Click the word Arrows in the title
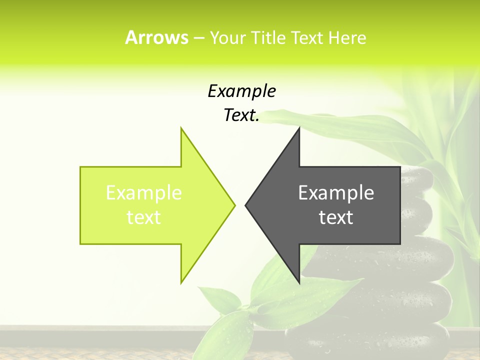[156, 37]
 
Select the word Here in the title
[347, 37]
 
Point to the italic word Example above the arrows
[241, 91]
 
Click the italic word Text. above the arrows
[241, 115]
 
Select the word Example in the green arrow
[144, 192]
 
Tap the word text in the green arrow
[144, 217]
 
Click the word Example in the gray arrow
[336, 192]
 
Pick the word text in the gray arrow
[336, 217]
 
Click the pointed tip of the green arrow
[234, 205]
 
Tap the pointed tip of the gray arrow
[246, 205]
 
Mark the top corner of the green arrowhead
[181, 128]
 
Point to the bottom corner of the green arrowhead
[181, 283]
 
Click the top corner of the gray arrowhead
[299, 128]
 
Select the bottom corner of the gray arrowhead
[299, 283]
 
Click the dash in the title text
[198, 38]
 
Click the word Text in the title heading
[306, 37]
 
